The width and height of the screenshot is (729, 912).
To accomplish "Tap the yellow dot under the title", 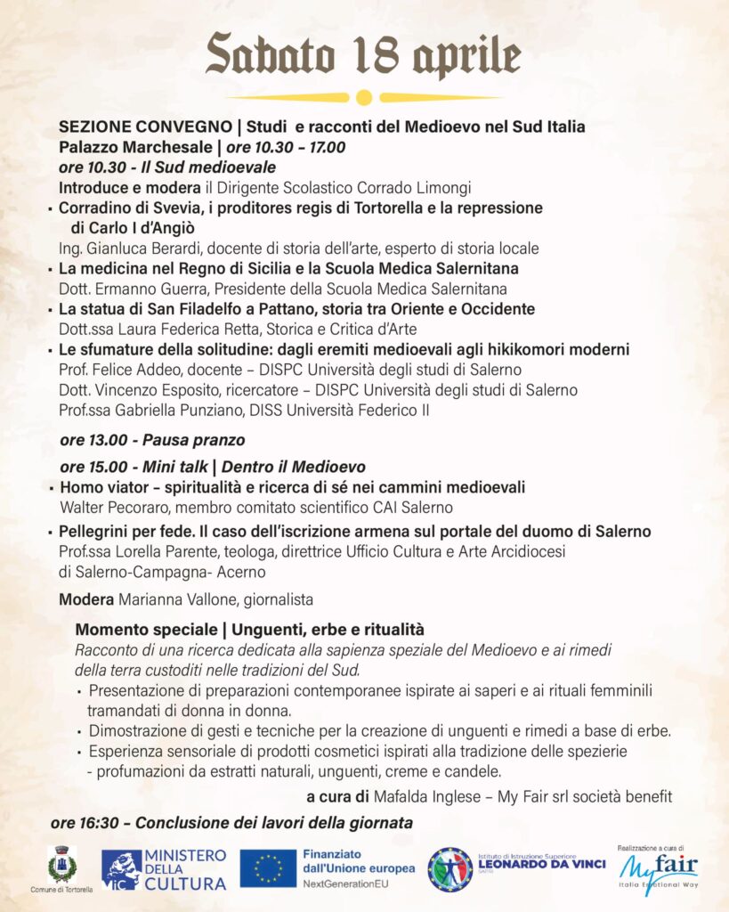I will (x=363, y=97).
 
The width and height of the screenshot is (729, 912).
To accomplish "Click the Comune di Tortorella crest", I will (x=62, y=864).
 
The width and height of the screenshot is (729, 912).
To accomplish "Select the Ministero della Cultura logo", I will (x=164, y=869).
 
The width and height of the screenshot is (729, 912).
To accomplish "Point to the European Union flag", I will (x=268, y=868).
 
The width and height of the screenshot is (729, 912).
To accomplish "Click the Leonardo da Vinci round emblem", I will (x=450, y=869).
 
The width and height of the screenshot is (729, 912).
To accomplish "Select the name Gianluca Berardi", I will (x=137, y=248).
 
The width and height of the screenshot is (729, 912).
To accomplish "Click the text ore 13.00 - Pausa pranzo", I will (x=152, y=440).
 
